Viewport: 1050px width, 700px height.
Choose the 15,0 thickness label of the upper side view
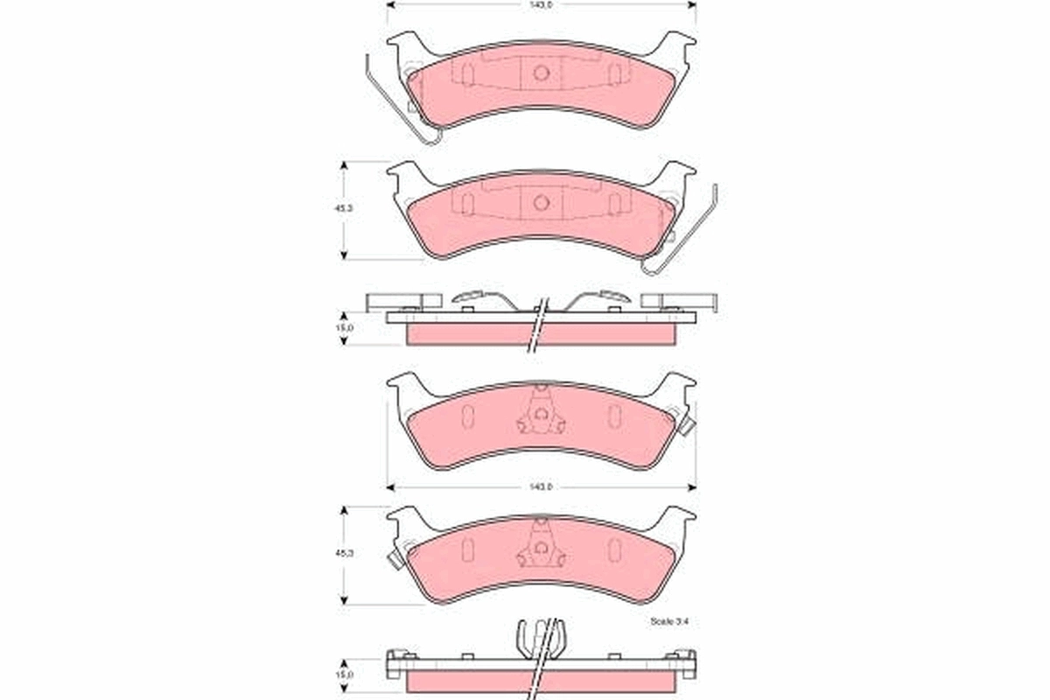pos(345,328)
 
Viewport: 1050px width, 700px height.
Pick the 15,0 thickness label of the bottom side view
pos(345,675)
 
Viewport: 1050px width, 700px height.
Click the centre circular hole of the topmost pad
pos(541,73)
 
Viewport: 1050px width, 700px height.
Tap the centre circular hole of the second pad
pos(541,202)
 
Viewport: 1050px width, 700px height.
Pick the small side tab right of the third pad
pos(686,426)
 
